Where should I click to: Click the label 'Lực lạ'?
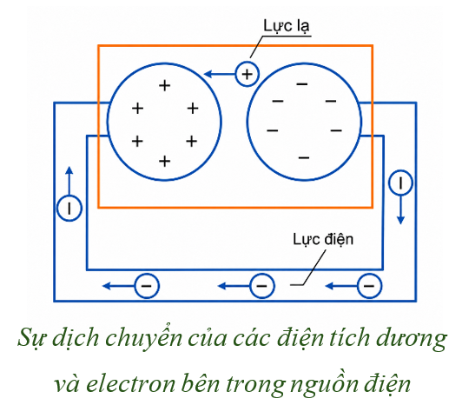click(286, 26)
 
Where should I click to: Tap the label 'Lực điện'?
click(323, 239)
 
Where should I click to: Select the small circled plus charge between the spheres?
click(247, 74)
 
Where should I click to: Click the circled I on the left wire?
click(69, 209)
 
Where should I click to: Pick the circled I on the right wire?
click(400, 183)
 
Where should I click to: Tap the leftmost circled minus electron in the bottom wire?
click(147, 286)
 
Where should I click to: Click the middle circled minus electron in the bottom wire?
click(262, 286)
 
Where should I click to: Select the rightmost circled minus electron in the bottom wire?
click(369, 286)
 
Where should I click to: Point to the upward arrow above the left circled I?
click(69, 181)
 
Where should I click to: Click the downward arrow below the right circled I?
click(400, 209)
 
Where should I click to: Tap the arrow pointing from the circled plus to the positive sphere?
click(220, 74)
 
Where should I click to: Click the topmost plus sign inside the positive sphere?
click(165, 86)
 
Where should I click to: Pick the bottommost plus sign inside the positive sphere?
click(165, 162)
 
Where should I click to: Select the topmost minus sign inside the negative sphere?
click(302, 84)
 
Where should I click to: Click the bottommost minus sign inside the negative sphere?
click(304, 158)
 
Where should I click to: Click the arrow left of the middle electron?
click(234, 286)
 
